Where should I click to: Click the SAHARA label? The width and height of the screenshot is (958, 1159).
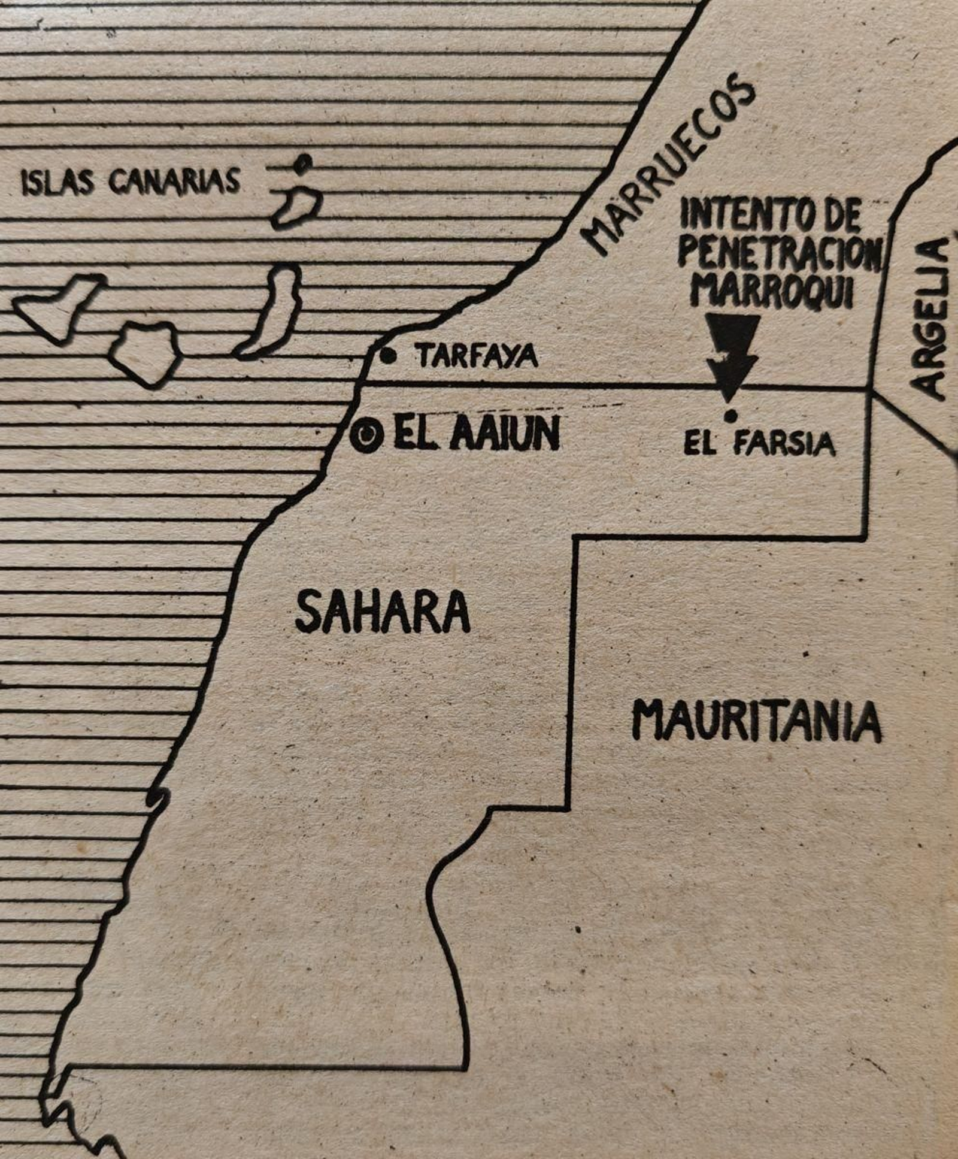click(x=383, y=611)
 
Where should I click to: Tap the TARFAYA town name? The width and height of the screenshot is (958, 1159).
click(x=477, y=357)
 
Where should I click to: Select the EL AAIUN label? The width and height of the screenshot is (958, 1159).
click(x=476, y=434)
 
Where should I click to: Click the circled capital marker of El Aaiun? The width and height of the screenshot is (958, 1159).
click(x=366, y=435)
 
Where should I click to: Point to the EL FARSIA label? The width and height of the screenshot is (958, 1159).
click(x=759, y=444)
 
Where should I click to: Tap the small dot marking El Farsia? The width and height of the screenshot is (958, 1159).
click(x=730, y=415)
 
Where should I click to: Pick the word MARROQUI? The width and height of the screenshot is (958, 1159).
click(x=772, y=292)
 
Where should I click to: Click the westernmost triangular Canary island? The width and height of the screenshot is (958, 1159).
click(x=60, y=305)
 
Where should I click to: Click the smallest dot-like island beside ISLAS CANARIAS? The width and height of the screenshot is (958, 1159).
click(x=304, y=162)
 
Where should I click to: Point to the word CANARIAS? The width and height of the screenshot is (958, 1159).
click(x=174, y=181)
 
